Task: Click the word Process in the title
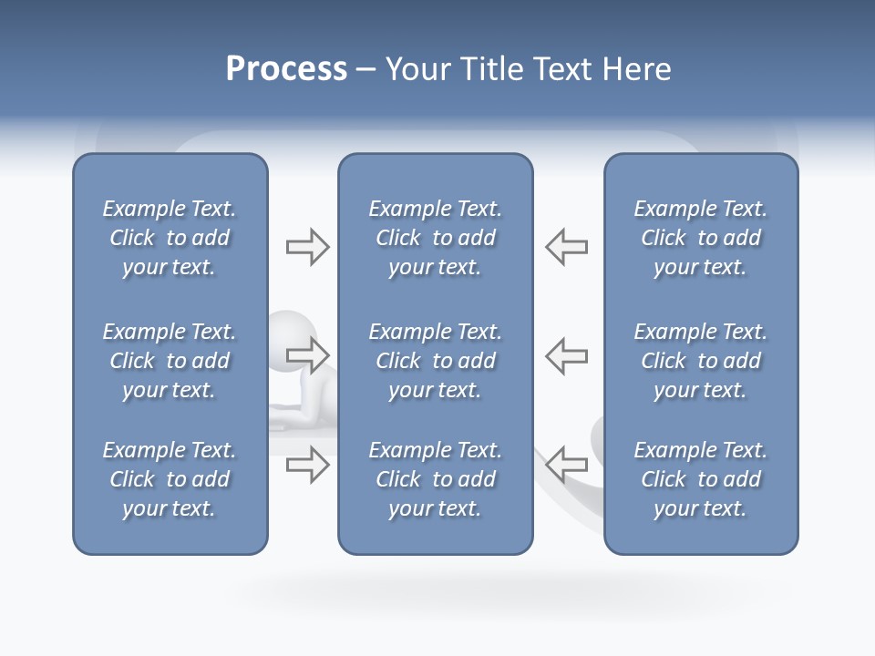pos(286,69)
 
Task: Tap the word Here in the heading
pos(637,69)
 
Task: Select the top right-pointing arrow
pos(307,247)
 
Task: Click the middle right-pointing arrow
pos(307,354)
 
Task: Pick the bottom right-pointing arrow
pos(307,465)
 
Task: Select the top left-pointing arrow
pos(567,247)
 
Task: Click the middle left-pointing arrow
pos(567,354)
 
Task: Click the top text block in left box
pos(170,238)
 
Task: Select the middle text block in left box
pos(170,361)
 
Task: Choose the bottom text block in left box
pos(170,479)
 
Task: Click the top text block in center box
pos(435,238)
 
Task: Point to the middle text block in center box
pos(435,361)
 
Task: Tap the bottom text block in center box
pos(435,479)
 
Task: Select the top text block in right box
pos(700,238)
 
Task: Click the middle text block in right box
pos(700,361)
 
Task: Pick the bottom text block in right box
pos(700,479)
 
